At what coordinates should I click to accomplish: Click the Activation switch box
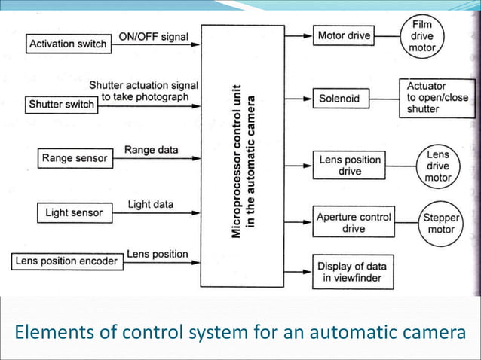67,44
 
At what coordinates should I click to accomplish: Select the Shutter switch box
62,103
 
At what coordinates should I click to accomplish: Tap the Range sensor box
75,158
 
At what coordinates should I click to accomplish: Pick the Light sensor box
74,212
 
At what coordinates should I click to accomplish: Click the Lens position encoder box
66,261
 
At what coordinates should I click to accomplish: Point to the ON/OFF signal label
153,36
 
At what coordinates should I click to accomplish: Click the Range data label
151,150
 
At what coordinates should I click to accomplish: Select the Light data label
151,204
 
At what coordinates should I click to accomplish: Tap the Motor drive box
343,35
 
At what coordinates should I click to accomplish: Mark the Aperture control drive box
354,222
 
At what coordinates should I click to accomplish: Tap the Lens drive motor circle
438,166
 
